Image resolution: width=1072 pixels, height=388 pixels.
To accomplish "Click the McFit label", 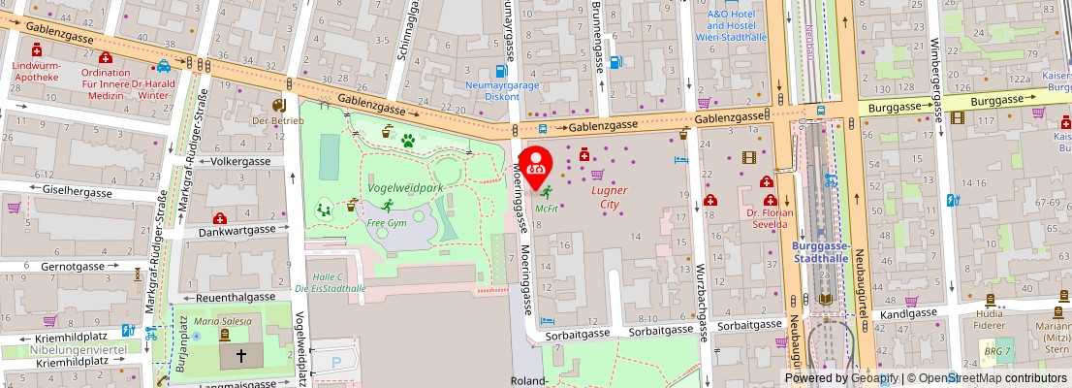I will (x=546, y=208).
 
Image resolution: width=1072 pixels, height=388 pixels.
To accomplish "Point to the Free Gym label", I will (x=387, y=222).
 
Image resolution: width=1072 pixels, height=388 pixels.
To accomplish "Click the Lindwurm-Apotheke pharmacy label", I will (x=36, y=71).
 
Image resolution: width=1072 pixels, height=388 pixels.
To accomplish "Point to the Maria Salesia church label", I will (x=223, y=321).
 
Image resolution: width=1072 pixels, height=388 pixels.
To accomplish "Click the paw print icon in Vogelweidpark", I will (x=408, y=140).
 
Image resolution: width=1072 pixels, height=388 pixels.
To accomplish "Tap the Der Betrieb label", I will (x=278, y=120).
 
